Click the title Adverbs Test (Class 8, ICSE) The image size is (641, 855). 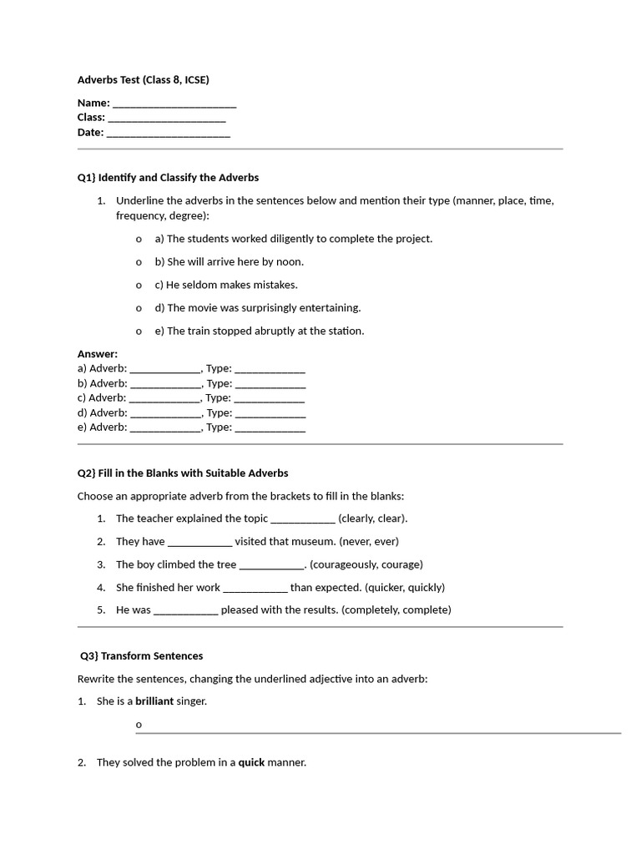[x=143, y=80]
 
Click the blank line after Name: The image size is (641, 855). [x=174, y=104]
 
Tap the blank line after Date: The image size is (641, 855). [x=169, y=133]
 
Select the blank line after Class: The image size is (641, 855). [x=167, y=119]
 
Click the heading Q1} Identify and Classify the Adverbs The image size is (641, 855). [x=168, y=178]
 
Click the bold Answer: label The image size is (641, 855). [x=98, y=354]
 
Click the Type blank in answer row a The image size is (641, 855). [x=270, y=368]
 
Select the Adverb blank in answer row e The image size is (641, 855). [x=165, y=428]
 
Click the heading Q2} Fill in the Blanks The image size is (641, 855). [x=183, y=473]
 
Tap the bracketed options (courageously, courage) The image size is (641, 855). [x=366, y=564]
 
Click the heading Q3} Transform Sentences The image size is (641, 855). [x=142, y=656]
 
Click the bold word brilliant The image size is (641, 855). [x=154, y=701]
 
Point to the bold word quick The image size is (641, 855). [x=251, y=762]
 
